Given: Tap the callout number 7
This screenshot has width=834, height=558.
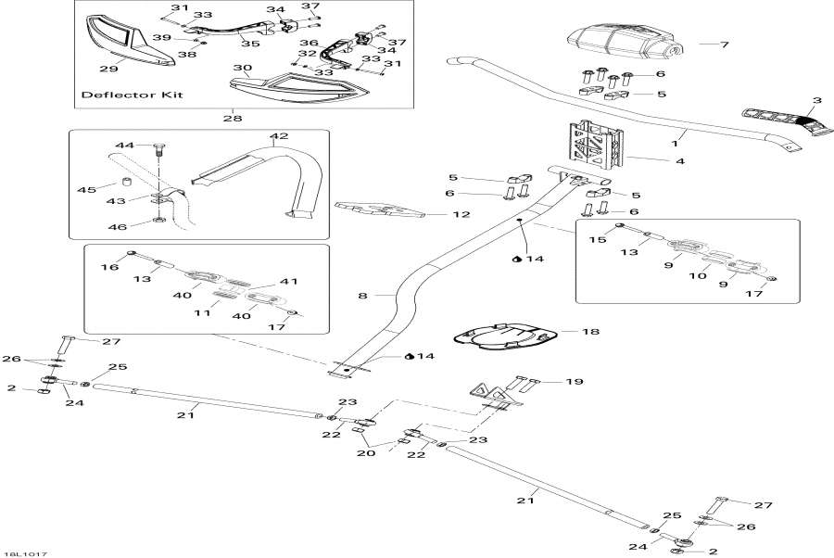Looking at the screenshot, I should point(726,44).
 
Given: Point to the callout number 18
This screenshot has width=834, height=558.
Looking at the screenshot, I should point(590,331).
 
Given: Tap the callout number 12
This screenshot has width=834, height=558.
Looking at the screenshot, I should point(436,215).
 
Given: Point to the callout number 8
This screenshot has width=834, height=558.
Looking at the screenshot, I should point(363,295).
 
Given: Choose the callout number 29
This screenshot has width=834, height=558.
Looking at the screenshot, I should point(108,69).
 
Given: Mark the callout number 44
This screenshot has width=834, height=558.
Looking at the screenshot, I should point(125,146).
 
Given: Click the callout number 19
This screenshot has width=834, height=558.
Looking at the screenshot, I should point(575,381).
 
